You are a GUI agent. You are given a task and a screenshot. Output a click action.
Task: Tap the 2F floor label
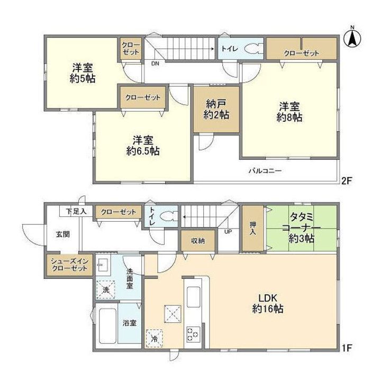tap(346, 180)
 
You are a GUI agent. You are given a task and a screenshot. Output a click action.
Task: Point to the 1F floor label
tap(346, 349)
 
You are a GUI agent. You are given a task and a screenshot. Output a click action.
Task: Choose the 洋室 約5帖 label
tap(84, 74)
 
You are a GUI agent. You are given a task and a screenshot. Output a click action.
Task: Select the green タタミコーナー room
tap(302, 228)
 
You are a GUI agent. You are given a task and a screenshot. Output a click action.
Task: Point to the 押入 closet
tap(252, 228)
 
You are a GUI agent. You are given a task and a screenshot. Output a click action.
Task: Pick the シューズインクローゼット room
tap(69, 265)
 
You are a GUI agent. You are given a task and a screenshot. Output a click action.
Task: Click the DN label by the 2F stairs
tap(155, 63)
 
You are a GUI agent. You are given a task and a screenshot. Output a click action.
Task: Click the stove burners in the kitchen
tap(191, 333)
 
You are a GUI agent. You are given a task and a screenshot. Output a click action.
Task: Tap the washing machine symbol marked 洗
tap(106, 290)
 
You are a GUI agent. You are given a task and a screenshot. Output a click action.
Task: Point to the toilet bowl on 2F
tap(252, 50)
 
